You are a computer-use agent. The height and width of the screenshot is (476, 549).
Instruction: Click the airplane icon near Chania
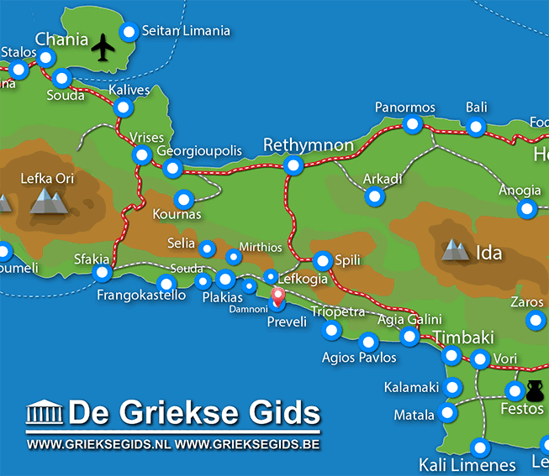(103, 47)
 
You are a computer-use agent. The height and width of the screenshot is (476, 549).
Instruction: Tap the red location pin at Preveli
(277, 296)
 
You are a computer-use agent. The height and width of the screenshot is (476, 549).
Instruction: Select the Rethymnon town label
(309, 145)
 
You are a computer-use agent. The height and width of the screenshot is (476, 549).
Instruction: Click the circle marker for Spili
(322, 260)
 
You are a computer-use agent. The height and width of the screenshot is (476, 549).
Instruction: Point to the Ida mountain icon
(456, 249)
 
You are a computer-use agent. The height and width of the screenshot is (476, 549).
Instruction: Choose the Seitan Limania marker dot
(129, 32)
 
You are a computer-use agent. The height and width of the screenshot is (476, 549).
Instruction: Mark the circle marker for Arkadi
(375, 196)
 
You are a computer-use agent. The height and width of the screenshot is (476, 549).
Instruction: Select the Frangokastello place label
(141, 296)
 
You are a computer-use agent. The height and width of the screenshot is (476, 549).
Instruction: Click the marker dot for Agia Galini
(409, 337)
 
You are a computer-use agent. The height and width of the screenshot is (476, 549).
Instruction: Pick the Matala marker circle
(447, 413)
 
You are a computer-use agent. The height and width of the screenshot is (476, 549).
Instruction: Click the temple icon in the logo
(45, 414)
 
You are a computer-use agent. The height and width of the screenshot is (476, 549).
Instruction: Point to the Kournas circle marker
(184, 200)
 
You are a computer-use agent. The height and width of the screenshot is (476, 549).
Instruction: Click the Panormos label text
(405, 107)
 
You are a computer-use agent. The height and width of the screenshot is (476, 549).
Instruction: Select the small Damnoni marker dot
(249, 287)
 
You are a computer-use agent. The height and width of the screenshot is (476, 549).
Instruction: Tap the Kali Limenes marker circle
(479, 447)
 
